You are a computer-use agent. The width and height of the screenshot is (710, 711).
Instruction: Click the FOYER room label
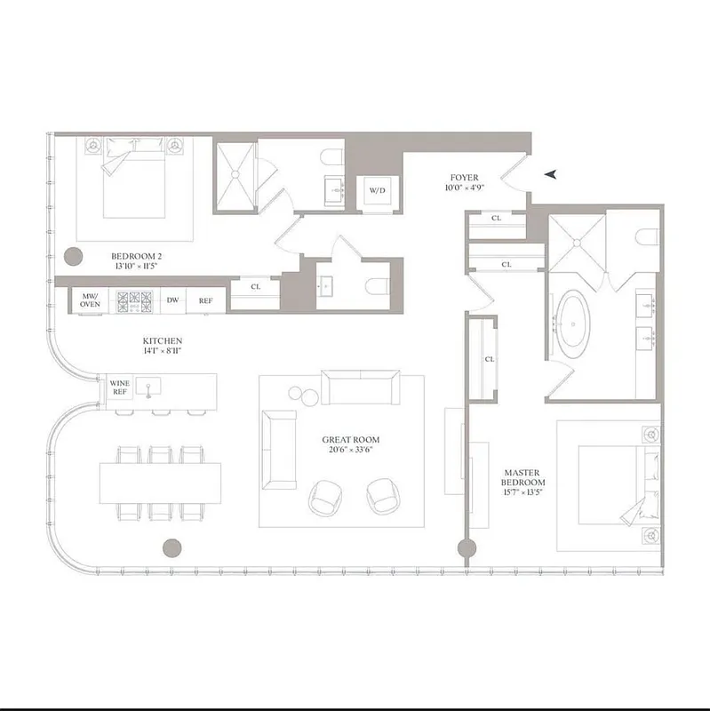(x=464, y=178)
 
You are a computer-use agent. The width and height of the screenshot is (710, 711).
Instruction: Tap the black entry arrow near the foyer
(x=552, y=175)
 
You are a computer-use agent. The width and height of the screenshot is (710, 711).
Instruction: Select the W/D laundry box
(x=378, y=190)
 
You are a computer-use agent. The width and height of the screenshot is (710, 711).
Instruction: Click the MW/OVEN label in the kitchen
(x=90, y=300)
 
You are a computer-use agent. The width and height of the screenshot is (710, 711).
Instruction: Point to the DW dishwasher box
(x=172, y=300)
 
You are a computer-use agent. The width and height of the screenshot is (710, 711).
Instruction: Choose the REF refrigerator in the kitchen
(x=205, y=300)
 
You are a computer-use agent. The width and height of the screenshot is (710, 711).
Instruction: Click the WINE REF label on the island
(x=119, y=388)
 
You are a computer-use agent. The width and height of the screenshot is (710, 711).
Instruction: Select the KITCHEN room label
(x=163, y=341)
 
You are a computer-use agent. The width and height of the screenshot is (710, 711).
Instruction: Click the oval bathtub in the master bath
(x=574, y=323)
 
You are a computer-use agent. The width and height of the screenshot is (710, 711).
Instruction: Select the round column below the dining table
(x=172, y=548)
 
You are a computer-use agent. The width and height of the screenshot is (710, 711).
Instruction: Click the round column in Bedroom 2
(x=73, y=258)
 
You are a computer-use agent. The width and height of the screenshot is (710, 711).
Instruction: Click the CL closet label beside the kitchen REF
(x=255, y=286)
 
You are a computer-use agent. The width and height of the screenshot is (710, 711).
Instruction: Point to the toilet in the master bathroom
(x=647, y=236)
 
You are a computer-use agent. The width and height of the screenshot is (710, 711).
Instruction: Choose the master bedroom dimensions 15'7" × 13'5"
(x=523, y=494)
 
